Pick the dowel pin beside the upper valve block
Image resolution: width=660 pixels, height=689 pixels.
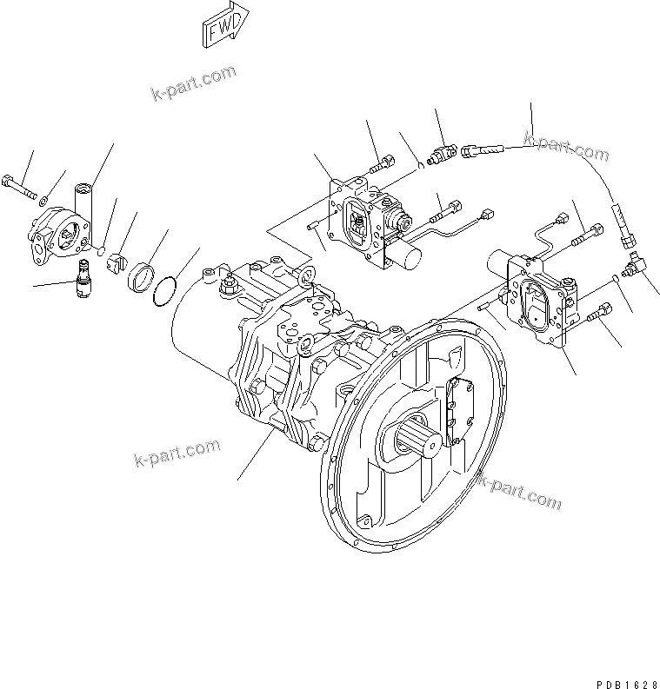[315, 229]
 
